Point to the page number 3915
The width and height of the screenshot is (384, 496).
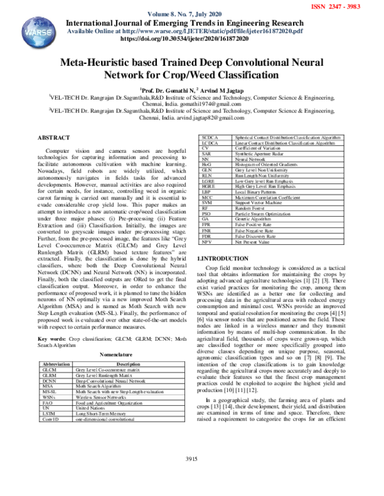point(193,477)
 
